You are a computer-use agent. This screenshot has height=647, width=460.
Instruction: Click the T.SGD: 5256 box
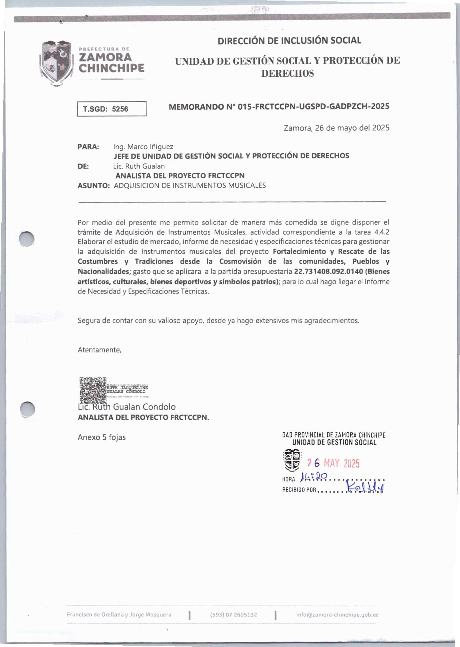point(112,109)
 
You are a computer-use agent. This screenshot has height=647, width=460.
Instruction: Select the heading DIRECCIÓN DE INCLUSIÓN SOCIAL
point(289,40)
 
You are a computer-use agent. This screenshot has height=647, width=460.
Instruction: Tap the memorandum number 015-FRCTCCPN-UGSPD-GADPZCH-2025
point(279,107)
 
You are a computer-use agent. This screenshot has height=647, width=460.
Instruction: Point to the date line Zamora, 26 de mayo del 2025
point(336,128)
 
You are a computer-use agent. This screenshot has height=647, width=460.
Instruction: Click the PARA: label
point(88,147)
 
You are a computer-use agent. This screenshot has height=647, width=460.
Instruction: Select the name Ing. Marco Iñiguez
point(143,147)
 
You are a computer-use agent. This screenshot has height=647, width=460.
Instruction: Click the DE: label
point(83,166)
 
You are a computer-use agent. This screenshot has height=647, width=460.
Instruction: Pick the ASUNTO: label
point(93,186)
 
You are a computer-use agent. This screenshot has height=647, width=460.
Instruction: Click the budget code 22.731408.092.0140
point(328,271)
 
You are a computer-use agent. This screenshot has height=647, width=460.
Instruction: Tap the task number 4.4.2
point(381,232)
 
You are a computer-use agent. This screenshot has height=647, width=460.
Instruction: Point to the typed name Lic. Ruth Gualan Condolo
point(127,407)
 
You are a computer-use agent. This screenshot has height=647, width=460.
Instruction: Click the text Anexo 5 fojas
point(102,437)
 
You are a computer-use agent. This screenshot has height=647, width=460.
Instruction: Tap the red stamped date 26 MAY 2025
point(333,463)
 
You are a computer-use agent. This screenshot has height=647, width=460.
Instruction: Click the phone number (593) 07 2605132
point(233,614)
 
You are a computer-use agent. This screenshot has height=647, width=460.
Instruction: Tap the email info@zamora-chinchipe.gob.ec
point(337,614)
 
